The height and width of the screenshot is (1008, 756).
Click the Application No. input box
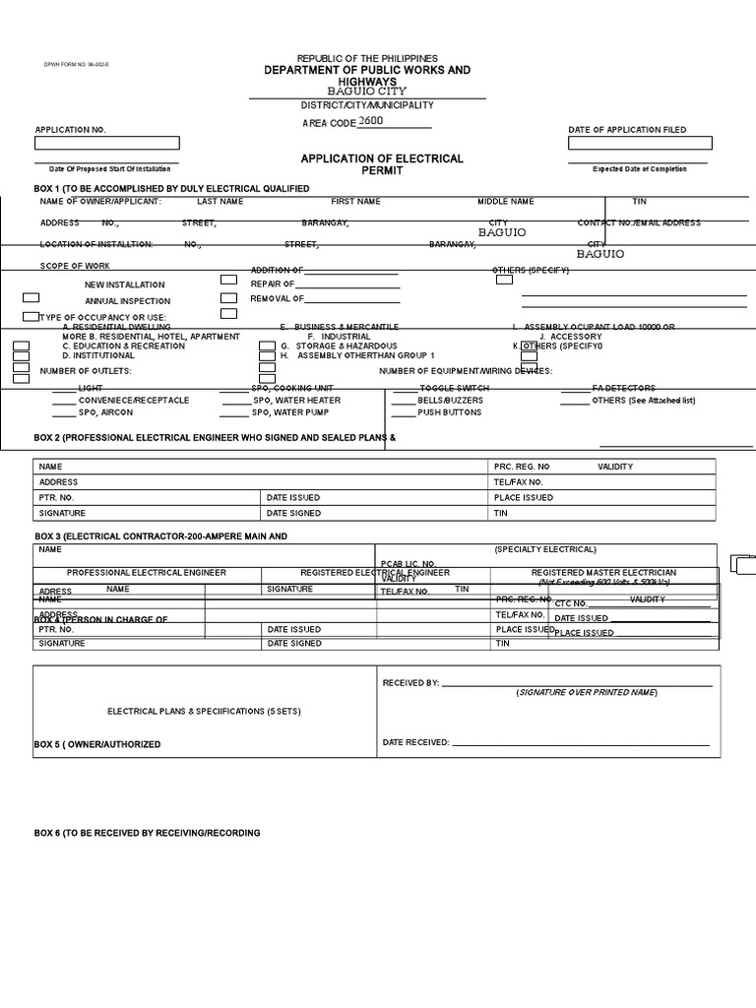click(x=107, y=143)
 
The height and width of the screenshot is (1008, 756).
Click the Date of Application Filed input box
click(x=640, y=143)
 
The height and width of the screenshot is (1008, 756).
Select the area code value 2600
click(x=371, y=120)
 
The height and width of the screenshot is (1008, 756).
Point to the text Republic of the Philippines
click(x=366, y=59)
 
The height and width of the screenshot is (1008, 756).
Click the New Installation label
click(x=124, y=284)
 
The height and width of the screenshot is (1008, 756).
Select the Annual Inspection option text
click(x=127, y=301)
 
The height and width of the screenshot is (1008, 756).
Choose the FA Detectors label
click(x=623, y=388)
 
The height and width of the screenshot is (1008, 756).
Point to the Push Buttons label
click(x=450, y=412)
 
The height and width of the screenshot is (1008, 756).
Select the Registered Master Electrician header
click(x=603, y=572)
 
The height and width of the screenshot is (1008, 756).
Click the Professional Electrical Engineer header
click(x=146, y=572)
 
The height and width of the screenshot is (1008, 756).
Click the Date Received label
click(x=415, y=742)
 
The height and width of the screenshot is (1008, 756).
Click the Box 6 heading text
click(x=147, y=833)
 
